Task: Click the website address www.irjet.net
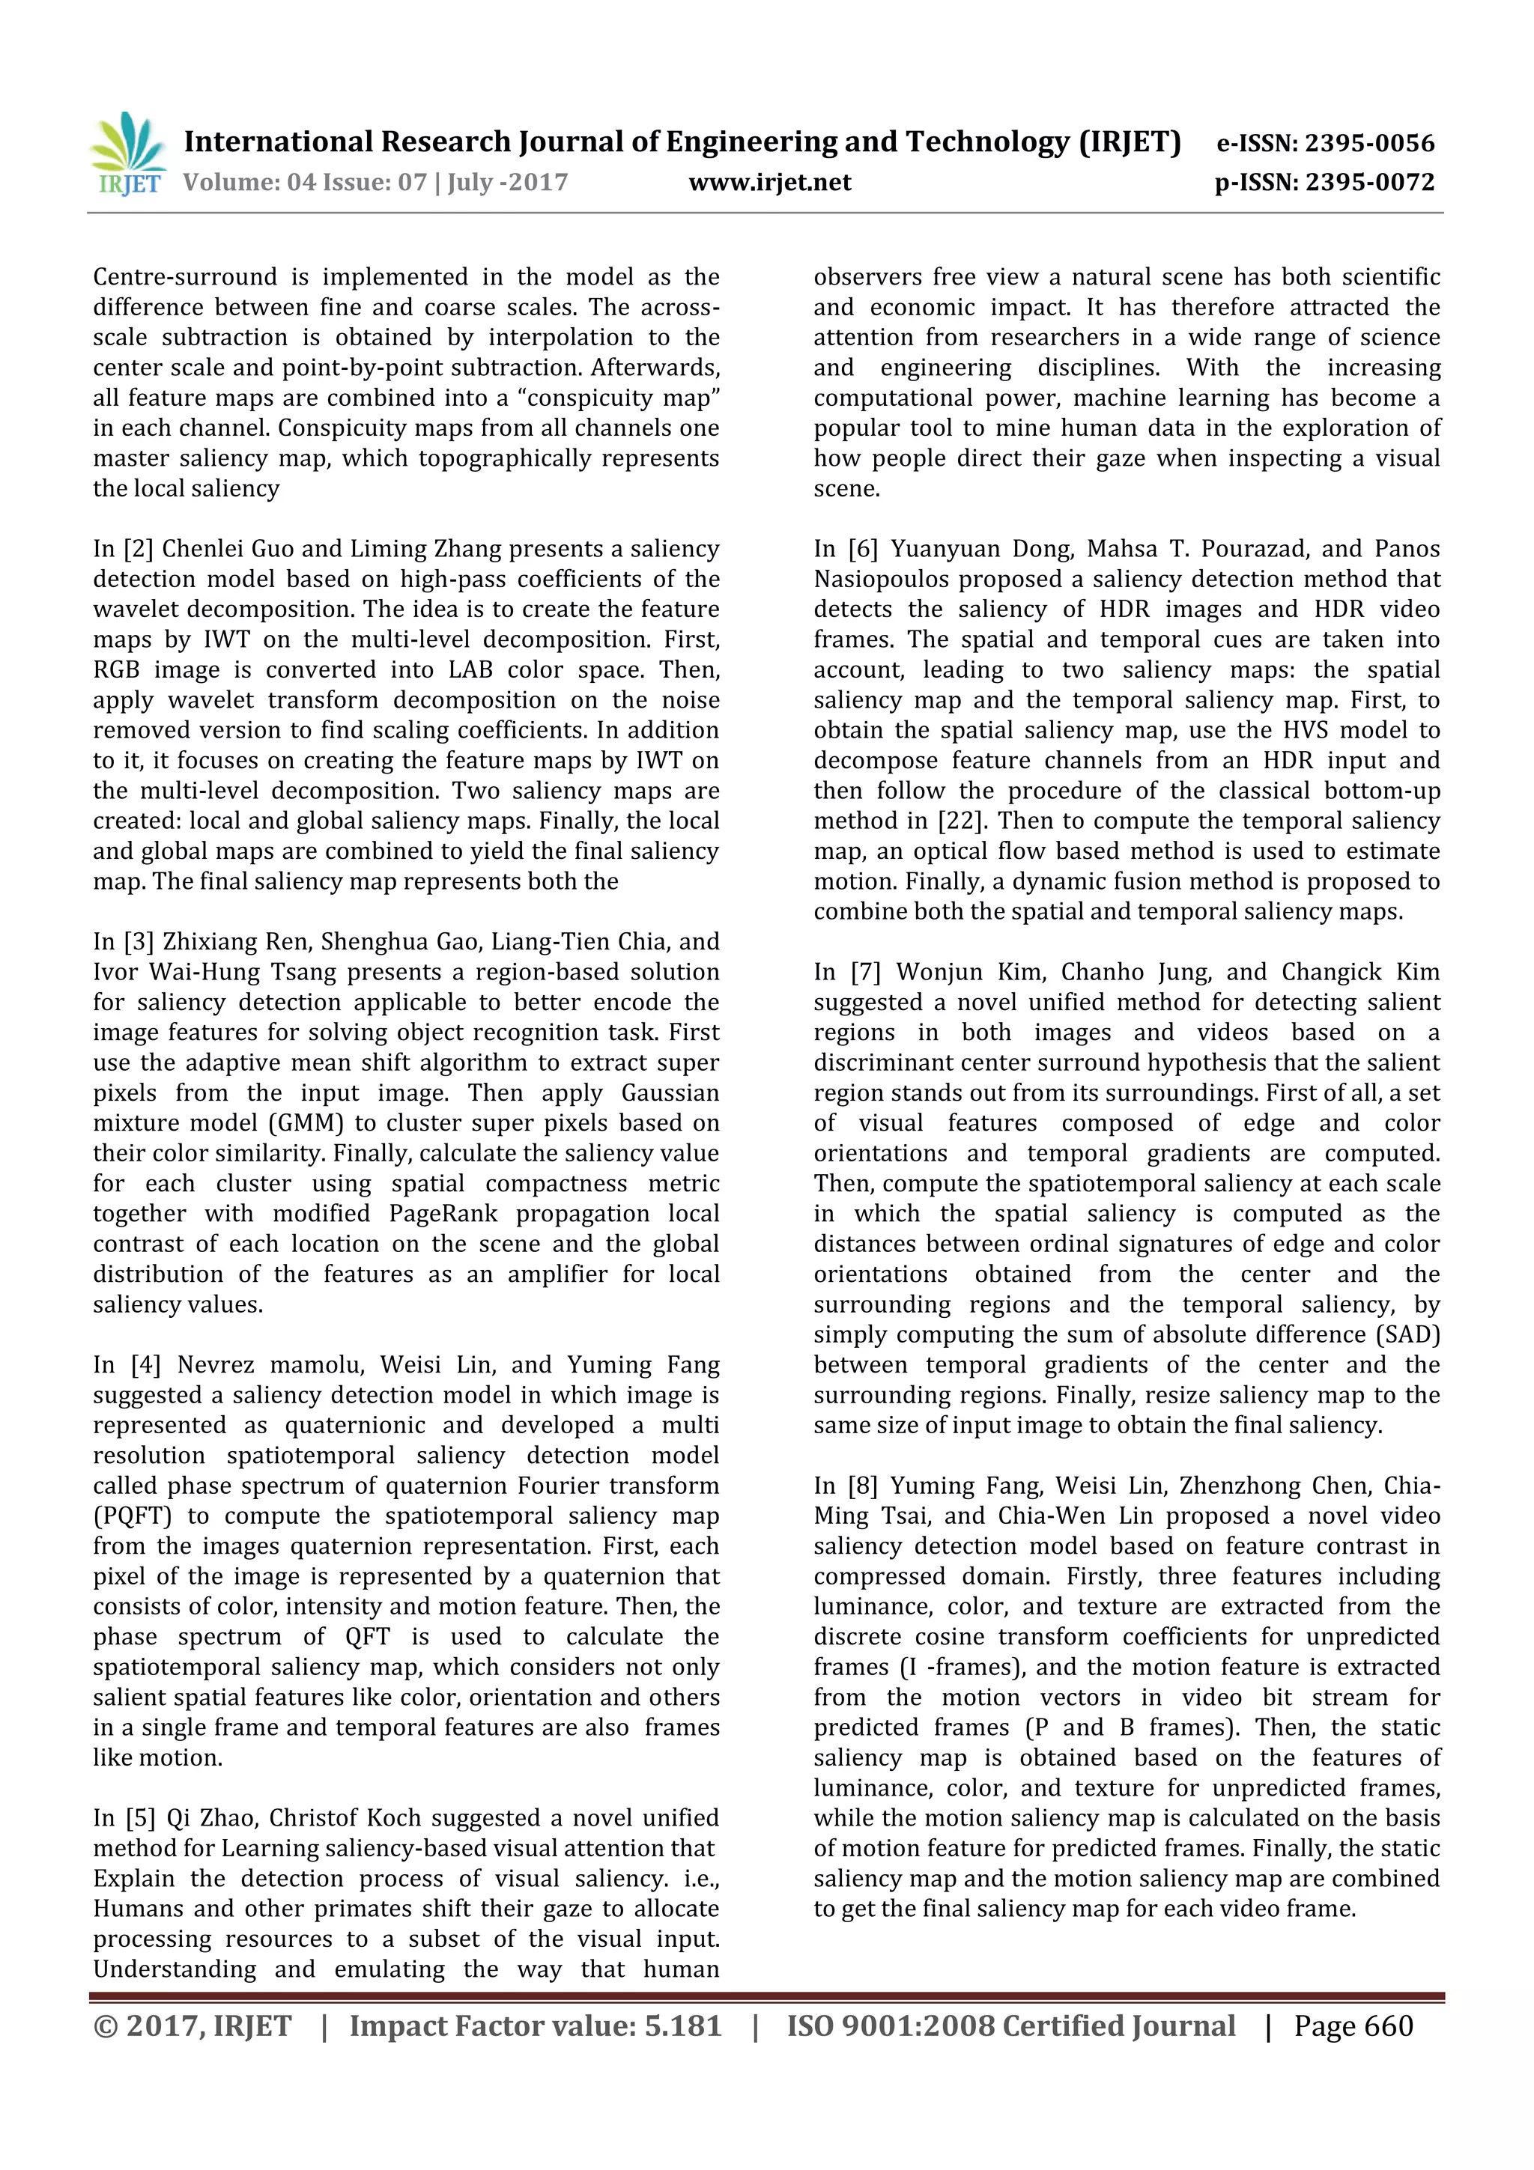[x=769, y=183]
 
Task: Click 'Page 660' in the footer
[x=1353, y=2026]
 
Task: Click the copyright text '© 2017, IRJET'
[x=192, y=2026]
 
